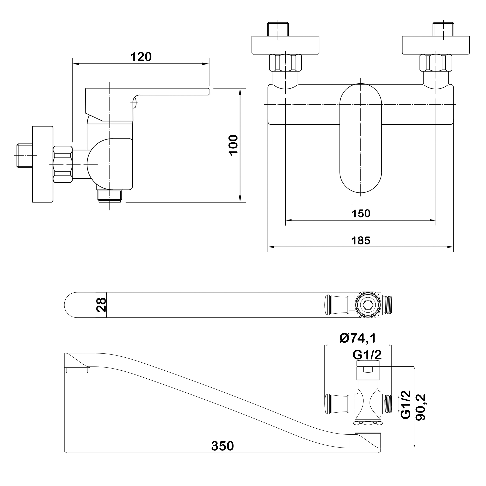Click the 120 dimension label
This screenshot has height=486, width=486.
click(x=141, y=57)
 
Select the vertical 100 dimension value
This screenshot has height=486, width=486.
click(x=234, y=145)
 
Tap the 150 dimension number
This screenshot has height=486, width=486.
click(x=361, y=214)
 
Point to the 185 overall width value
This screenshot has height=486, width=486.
click(x=361, y=241)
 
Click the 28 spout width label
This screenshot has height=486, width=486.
click(x=101, y=305)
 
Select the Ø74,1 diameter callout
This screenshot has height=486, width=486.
click(x=357, y=338)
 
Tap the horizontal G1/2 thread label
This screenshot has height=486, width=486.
click(x=367, y=355)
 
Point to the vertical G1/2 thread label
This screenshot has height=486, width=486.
click(x=406, y=408)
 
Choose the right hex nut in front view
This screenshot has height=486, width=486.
click(x=436, y=63)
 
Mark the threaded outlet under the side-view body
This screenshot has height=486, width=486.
click(x=110, y=196)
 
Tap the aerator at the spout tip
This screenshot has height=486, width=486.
click(x=78, y=371)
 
